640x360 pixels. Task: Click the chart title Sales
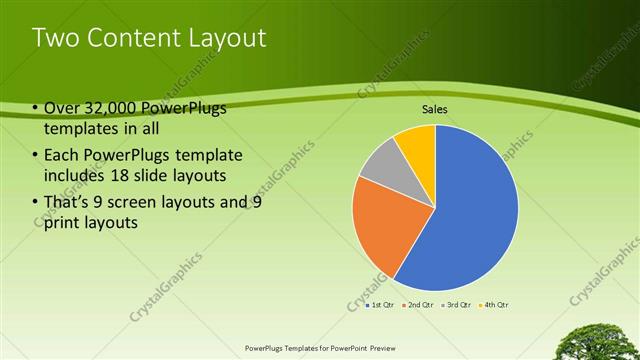[x=434, y=109]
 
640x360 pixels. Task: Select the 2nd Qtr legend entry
[x=418, y=304]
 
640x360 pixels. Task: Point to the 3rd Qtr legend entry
[x=456, y=304]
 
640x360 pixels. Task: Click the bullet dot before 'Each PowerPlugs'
[x=35, y=155]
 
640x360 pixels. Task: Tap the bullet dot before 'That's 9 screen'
[x=35, y=201]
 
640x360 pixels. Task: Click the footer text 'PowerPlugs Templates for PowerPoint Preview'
[x=320, y=348]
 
